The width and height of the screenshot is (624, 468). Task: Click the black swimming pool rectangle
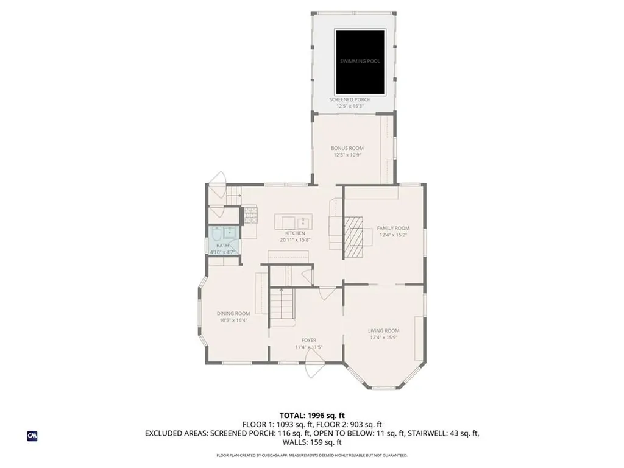[x=360, y=61]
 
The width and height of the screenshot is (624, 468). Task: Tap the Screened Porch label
[x=350, y=99]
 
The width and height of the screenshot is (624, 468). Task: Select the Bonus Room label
[x=347, y=148]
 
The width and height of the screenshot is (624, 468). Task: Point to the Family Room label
[x=393, y=228]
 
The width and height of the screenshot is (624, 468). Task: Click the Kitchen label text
[x=296, y=233]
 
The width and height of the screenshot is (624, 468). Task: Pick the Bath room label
[x=222, y=245]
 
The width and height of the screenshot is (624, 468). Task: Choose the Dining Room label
[x=233, y=313]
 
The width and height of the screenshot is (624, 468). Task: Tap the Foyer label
[x=308, y=341]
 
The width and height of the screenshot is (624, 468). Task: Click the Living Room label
[x=384, y=330]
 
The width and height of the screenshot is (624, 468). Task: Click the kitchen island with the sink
[x=294, y=221]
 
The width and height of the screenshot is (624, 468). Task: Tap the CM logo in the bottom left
[x=32, y=436]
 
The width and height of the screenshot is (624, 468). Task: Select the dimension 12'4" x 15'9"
[x=384, y=337]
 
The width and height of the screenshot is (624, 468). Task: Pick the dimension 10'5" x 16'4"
[x=233, y=320]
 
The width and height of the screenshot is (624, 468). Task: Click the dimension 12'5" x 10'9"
[x=347, y=155]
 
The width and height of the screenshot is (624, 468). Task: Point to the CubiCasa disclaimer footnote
[x=312, y=455]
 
